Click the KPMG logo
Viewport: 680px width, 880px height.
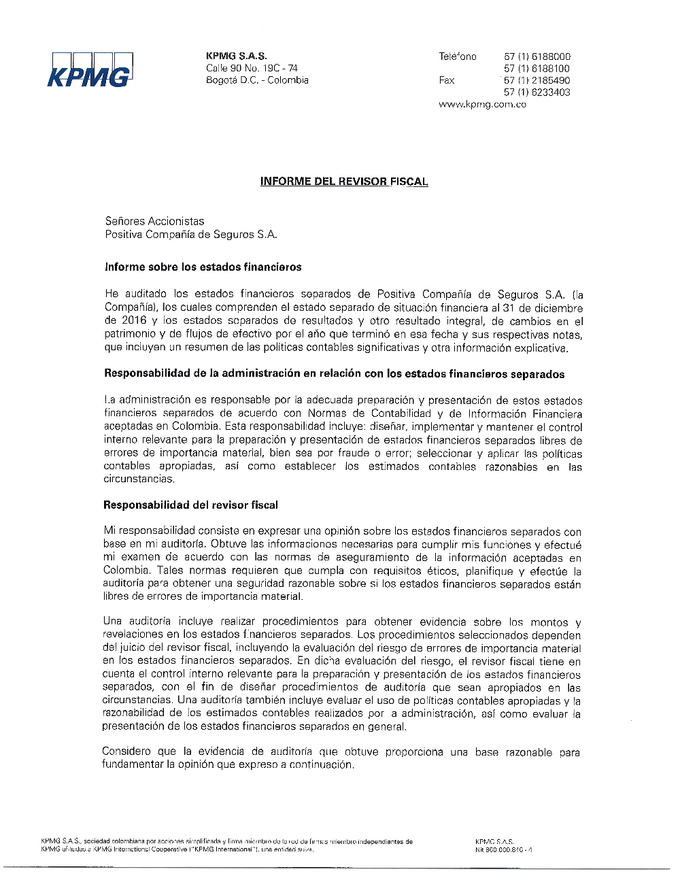tap(90, 70)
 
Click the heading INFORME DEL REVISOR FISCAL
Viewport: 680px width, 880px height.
tap(344, 182)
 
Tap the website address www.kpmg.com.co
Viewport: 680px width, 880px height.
tap(482, 105)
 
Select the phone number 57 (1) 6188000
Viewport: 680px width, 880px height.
tap(537, 56)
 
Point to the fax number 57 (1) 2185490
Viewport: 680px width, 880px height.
tap(537, 80)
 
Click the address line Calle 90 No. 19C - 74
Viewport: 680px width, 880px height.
tap(252, 68)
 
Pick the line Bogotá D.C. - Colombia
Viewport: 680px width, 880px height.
tap(257, 80)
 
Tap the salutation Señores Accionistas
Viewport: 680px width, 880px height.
tap(154, 221)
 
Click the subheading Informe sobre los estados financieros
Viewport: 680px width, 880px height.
tap(203, 267)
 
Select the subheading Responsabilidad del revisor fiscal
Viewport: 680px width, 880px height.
tap(190, 505)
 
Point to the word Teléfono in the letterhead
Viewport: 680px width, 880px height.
tap(458, 56)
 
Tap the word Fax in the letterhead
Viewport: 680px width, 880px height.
tap(447, 80)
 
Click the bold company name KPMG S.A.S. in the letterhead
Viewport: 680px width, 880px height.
tap(236, 56)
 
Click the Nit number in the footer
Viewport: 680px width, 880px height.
tap(504, 849)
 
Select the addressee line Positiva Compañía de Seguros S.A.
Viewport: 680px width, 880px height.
tap(191, 235)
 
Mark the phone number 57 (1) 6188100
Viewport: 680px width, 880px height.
tap(537, 69)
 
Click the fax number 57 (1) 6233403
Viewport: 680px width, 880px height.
tap(537, 92)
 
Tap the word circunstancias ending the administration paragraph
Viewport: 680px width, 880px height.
tap(138, 479)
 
